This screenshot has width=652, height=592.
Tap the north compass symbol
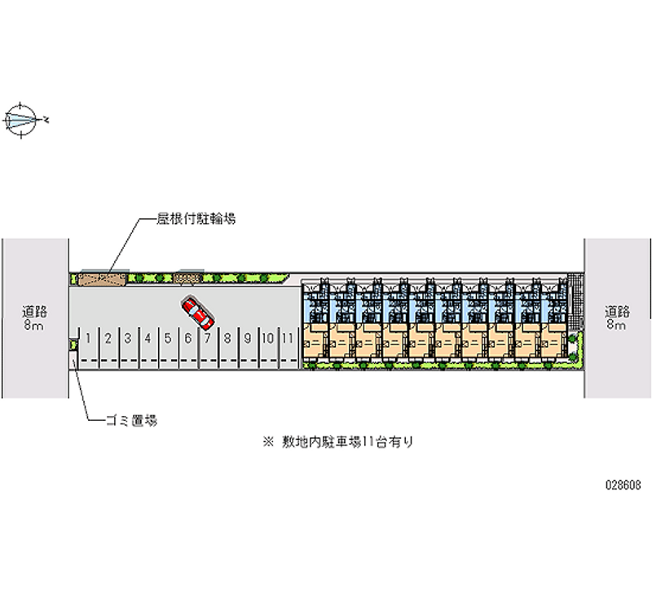point(22,119)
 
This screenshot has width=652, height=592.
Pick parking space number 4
point(148,335)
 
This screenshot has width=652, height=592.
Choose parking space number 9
point(247,335)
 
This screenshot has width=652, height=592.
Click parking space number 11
point(287,335)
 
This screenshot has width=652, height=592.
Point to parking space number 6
point(187,335)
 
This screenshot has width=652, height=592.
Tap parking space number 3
point(128,335)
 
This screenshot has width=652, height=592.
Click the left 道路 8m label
point(34,318)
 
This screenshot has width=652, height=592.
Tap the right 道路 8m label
point(617,318)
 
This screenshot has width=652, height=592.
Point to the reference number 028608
point(622,483)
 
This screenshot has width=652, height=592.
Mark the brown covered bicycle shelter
point(102,279)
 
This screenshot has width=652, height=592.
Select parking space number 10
point(267,335)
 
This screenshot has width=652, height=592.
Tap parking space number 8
point(227,335)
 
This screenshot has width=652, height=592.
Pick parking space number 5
point(168,335)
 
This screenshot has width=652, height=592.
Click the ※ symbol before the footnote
point(267,442)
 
